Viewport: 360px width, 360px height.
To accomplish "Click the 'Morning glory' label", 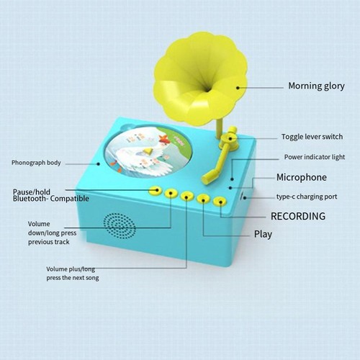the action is click(x=316, y=86).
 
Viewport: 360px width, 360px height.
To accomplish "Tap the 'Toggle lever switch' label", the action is click(x=312, y=137).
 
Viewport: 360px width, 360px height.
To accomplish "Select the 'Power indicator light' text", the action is click(x=315, y=157).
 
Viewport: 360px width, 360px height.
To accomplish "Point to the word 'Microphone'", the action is click(x=302, y=177).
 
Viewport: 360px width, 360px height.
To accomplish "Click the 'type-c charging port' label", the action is click(x=307, y=197).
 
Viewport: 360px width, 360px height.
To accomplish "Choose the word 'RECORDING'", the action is click(x=298, y=216).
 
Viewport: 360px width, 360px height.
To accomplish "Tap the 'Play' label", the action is click(x=263, y=234).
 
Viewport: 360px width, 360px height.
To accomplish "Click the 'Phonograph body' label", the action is click(x=36, y=163).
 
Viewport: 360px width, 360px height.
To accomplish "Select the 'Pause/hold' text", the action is click(x=32, y=192).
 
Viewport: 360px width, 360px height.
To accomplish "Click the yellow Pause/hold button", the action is click(x=155, y=191).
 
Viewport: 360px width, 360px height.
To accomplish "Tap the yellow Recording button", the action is click(x=220, y=202).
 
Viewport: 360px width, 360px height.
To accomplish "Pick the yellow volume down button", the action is click(x=171, y=193).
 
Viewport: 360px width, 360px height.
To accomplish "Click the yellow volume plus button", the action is click(x=187, y=197).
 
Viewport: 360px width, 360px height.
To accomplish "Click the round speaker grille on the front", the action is click(x=120, y=225).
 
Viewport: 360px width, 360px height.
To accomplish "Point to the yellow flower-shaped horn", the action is click(x=200, y=79).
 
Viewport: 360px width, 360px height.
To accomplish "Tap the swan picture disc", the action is click(x=149, y=153).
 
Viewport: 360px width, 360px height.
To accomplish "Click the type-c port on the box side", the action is click(x=243, y=197).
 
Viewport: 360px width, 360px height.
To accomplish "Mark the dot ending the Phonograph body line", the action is click(x=98, y=164).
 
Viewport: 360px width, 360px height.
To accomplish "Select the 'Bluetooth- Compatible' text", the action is click(x=51, y=199).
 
